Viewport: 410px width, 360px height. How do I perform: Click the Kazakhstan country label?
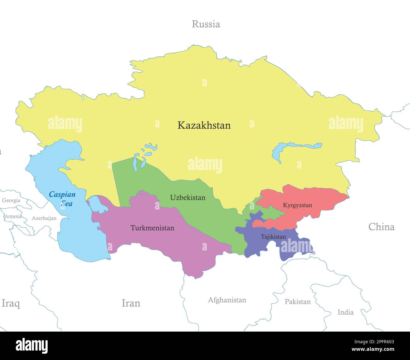(x=204, y=125)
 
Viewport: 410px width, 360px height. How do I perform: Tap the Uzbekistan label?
(x=188, y=198)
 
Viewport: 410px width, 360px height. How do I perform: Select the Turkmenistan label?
(x=152, y=228)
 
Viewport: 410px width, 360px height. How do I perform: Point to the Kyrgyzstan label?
(x=297, y=205)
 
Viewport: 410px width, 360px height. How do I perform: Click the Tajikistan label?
(x=273, y=237)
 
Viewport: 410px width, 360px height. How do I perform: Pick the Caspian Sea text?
(x=62, y=199)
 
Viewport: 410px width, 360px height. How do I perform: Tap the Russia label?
(x=206, y=24)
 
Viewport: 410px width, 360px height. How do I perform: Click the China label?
(x=381, y=227)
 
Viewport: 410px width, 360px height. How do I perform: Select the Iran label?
(x=131, y=303)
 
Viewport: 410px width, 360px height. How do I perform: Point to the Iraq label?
(x=11, y=304)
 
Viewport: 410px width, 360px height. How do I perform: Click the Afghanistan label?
(x=227, y=300)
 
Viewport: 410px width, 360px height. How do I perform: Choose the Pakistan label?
(x=297, y=302)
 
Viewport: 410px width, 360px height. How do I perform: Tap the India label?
(x=345, y=312)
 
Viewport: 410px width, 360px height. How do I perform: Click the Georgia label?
(x=11, y=200)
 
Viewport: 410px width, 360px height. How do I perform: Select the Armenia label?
(x=13, y=216)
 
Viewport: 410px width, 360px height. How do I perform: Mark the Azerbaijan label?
(x=44, y=218)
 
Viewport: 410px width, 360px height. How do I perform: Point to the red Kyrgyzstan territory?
(x=315, y=196)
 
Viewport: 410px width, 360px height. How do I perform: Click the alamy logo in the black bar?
(x=32, y=346)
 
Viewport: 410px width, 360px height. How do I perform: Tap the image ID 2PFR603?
(x=380, y=341)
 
